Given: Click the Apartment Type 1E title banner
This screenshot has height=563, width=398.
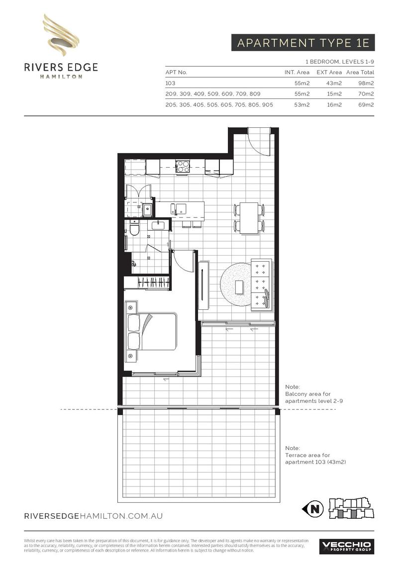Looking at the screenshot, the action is point(303,43).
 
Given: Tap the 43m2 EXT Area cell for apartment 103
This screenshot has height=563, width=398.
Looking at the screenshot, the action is point(334,83).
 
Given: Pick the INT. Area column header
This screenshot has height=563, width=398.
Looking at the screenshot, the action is point(297,72).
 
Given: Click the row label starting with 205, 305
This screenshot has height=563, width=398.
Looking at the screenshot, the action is point(219,105).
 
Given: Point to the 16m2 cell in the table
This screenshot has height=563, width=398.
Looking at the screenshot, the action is point(334,105).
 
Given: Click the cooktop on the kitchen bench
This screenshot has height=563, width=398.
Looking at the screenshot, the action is point(183,166).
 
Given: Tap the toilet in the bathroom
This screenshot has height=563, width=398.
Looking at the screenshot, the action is point(134,228).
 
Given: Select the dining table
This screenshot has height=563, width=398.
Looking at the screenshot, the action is point(249,218).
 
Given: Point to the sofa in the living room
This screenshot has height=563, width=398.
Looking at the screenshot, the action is point(262,284).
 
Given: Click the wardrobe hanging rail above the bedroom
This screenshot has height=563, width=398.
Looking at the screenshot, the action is point(153,282).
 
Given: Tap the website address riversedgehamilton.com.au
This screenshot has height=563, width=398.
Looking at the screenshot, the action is point(94,516).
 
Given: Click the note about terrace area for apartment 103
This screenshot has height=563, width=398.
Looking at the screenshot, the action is point(315,455).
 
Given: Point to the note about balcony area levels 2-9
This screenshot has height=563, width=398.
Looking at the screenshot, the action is point(314,394).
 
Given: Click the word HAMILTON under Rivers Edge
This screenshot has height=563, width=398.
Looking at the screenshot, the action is point(61,77).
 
